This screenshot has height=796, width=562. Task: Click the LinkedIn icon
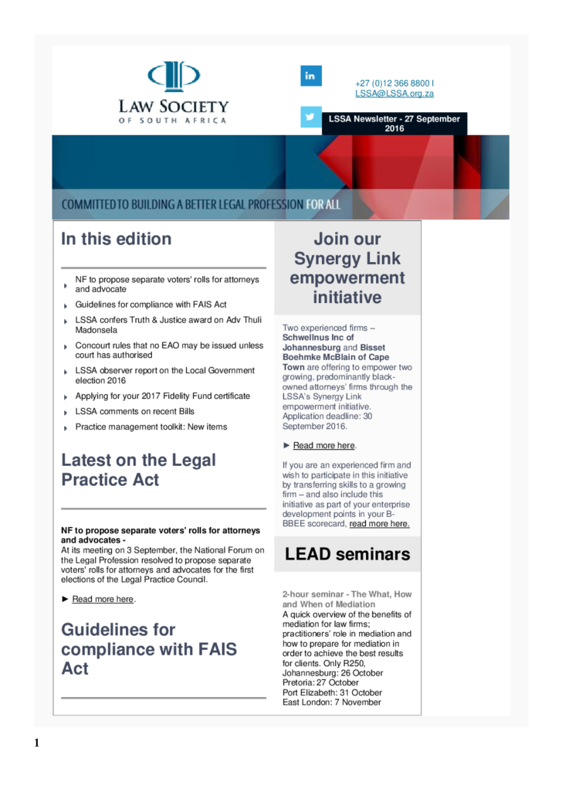coord(310,76)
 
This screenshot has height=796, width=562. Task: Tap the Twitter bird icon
coord(310,117)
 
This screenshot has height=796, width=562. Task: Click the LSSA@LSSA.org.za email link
coord(394,94)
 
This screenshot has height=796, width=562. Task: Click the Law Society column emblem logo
coord(174,77)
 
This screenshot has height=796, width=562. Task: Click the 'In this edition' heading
coord(117,239)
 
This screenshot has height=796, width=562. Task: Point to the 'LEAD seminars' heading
coord(347,553)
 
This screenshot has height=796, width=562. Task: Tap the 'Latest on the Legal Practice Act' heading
coord(138,470)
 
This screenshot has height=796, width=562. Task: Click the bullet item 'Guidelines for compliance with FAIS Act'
coord(151,304)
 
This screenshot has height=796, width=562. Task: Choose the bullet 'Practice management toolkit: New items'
coord(151,427)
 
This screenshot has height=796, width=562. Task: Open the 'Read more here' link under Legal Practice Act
coord(103,599)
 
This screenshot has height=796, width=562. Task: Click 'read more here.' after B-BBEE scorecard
coord(379,524)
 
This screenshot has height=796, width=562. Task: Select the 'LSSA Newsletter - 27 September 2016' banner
coord(394,124)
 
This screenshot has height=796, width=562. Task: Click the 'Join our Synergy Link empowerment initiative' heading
coord(347,267)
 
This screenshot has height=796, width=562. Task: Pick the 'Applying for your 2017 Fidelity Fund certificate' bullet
coord(162,396)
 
